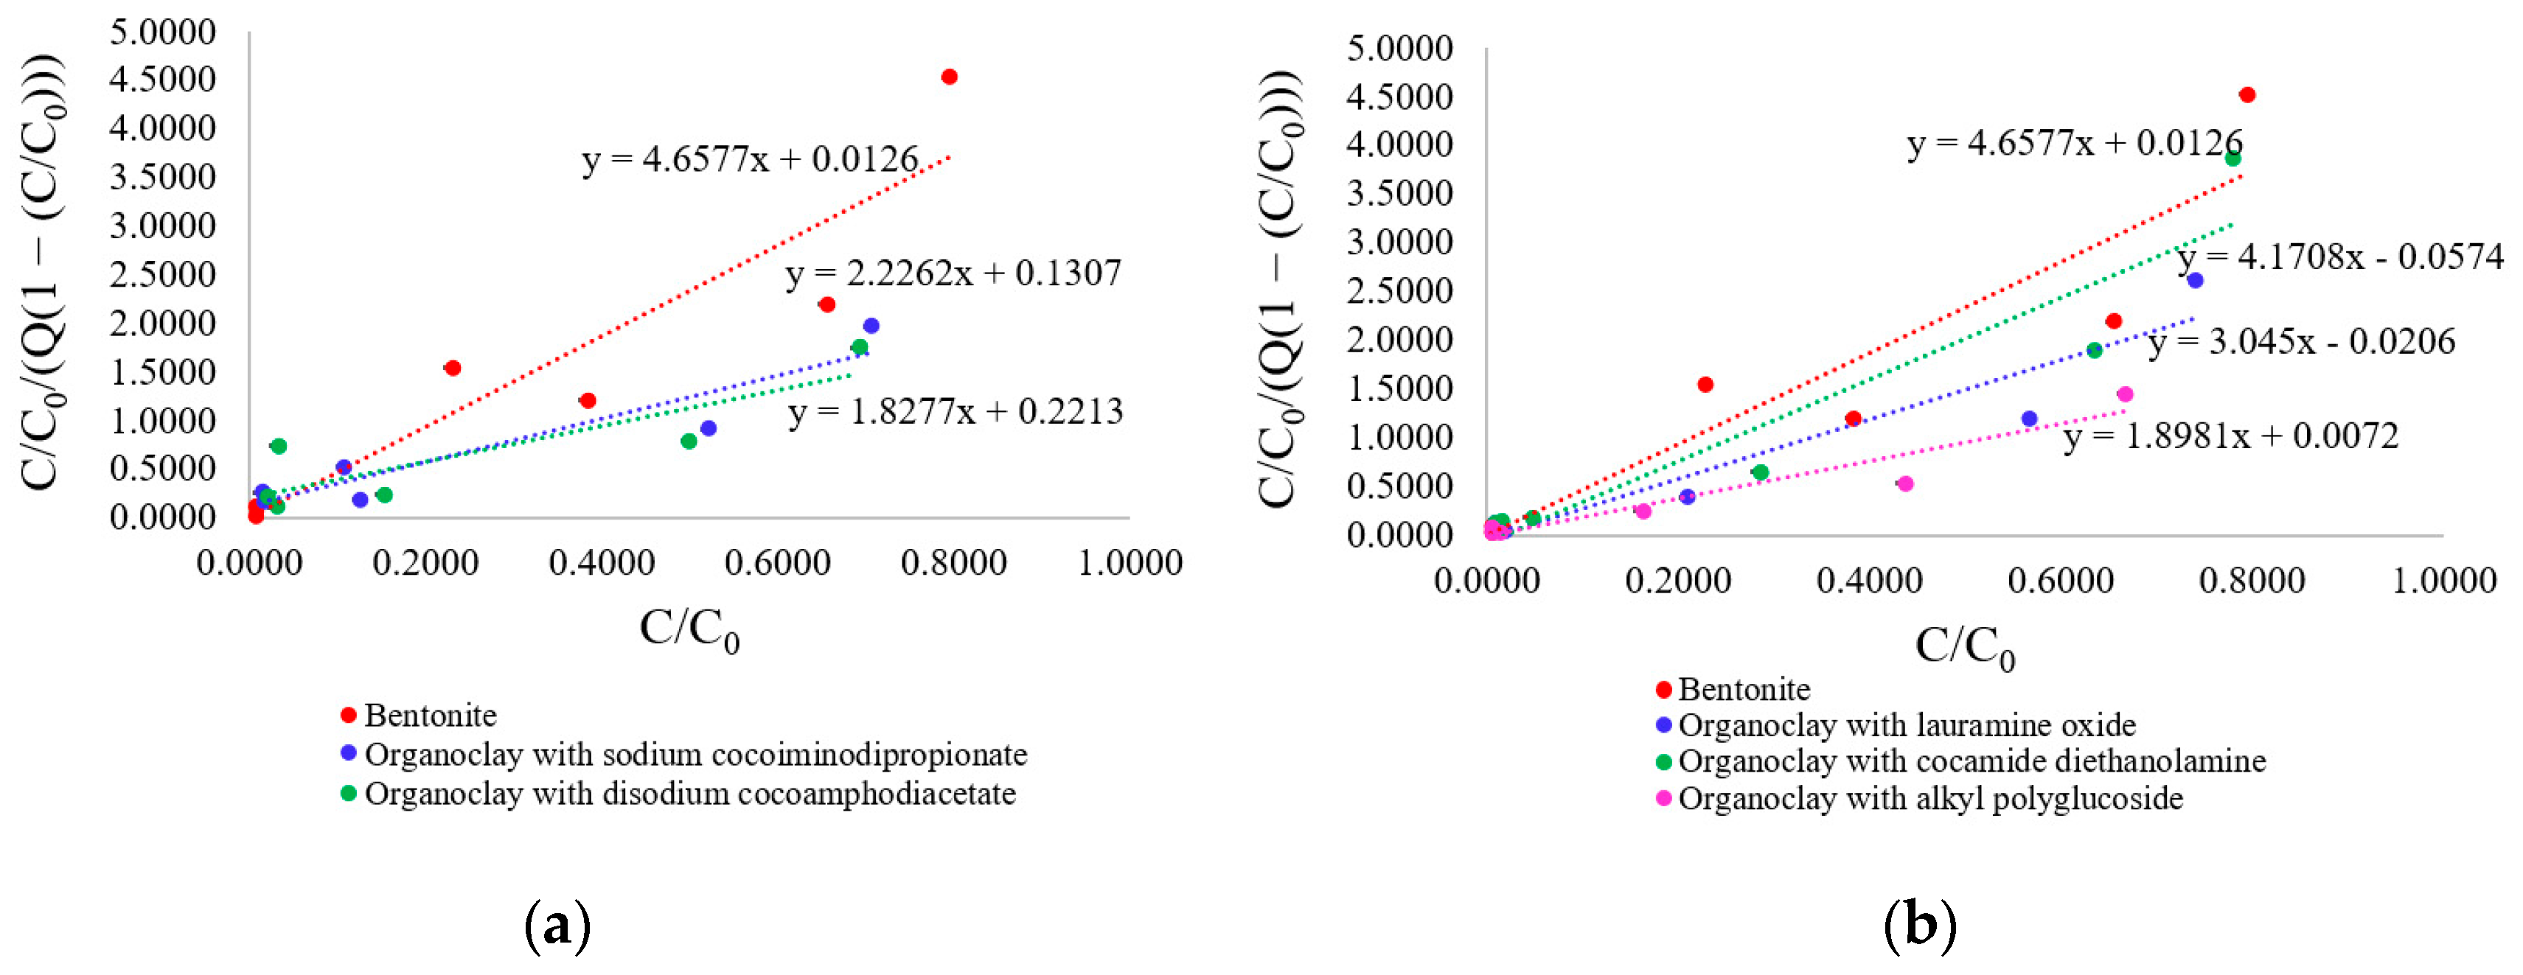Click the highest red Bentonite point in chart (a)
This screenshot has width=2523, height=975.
(x=948, y=77)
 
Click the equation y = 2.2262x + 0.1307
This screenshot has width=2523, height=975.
(x=953, y=273)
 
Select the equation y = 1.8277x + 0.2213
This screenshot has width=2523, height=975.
(x=955, y=412)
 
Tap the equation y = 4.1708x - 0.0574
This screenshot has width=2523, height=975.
(x=2339, y=257)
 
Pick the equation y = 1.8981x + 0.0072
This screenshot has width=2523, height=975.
(x=2230, y=436)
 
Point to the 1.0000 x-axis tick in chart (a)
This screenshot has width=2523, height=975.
(x=1130, y=563)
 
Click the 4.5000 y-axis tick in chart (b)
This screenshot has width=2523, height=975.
(x=1399, y=96)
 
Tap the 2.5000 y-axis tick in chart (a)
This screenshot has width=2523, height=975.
(x=161, y=274)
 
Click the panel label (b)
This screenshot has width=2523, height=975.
(x=1920, y=923)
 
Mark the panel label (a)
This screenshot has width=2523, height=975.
(x=557, y=923)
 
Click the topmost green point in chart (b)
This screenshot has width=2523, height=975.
(x=2232, y=158)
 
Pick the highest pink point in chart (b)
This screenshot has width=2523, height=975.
(x=2124, y=394)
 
